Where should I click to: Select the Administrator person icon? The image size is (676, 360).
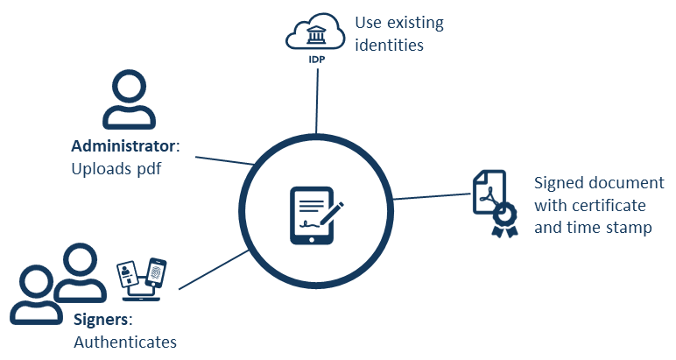click(129, 101)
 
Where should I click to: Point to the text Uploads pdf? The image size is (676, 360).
click(117, 168)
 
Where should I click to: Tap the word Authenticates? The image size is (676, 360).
click(125, 342)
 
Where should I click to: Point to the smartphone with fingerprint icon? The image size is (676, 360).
click(156, 274)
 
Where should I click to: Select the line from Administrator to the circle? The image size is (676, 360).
click(224, 160)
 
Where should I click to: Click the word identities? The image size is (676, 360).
click(389, 44)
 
